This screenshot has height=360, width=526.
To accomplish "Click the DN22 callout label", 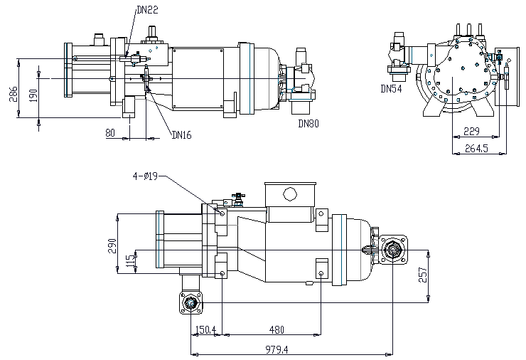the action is (x=147, y=10).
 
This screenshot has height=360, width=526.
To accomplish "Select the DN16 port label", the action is (x=181, y=135).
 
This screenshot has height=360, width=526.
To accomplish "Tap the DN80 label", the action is (x=308, y=124).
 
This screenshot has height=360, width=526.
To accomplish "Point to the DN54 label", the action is (x=391, y=89).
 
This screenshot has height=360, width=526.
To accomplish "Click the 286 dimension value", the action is (x=13, y=95).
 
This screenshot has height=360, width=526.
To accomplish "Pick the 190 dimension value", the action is (x=33, y=96).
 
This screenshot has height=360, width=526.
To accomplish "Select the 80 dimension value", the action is (x=110, y=133).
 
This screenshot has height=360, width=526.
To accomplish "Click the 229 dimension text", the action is (x=471, y=132).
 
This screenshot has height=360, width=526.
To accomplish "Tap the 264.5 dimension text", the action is (x=476, y=148).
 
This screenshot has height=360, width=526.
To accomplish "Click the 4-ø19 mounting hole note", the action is (x=145, y=176).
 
